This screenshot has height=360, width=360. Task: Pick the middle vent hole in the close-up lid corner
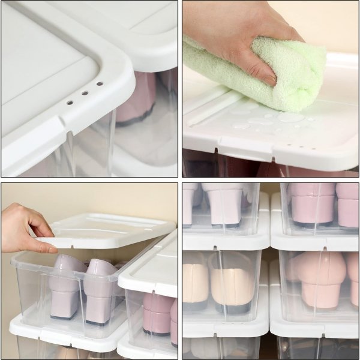pos(85,93)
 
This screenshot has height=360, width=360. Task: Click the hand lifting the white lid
pos(24,228)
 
